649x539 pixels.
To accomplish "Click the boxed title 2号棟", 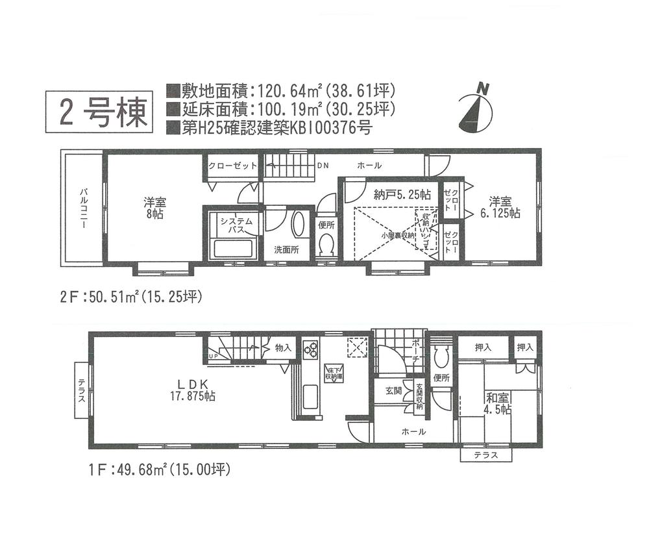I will [99, 112].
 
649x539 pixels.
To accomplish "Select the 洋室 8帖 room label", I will [153, 207].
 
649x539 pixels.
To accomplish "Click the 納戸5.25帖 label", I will [402, 194].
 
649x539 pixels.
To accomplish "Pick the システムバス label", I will [232, 226].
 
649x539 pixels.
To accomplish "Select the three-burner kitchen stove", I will [310, 349].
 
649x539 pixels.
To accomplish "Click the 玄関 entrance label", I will [393, 390].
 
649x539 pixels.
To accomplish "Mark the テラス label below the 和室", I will [485, 455].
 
